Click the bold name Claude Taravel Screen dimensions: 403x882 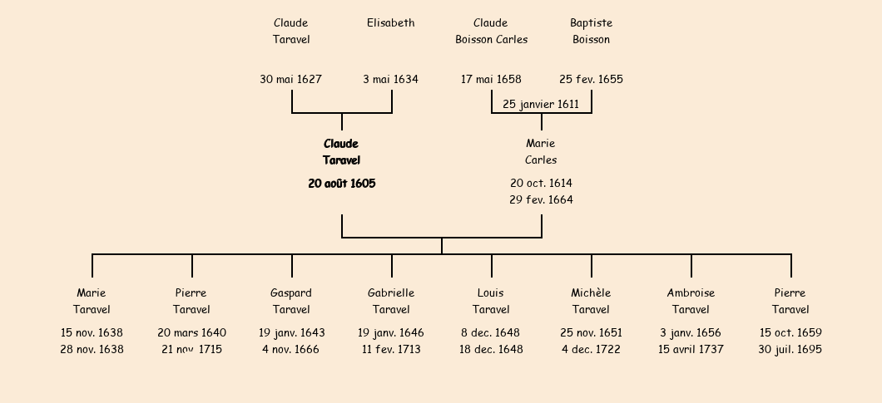(341, 152)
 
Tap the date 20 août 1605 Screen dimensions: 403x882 (341, 184)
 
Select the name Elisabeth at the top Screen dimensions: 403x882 (390, 23)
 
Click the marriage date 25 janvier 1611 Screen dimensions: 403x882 (541, 105)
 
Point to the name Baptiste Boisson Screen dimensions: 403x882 (591, 32)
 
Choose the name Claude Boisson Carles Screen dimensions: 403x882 (491, 32)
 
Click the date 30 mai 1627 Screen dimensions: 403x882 (290, 80)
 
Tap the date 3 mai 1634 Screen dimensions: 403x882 (390, 80)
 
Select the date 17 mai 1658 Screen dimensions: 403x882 (491, 80)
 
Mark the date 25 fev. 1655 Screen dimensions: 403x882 (591, 80)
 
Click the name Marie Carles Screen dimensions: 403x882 (541, 152)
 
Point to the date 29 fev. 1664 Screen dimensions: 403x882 (541, 200)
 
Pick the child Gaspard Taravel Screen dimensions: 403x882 (291, 302)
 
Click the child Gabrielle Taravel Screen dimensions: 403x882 (391, 302)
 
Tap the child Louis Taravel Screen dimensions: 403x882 (491, 302)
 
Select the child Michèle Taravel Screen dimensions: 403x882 (591, 302)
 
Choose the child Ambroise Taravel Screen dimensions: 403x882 (691, 302)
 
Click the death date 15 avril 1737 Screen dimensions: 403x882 (691, 350)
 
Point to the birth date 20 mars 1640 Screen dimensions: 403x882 (191, 333)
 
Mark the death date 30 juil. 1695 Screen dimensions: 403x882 (790, 350)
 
